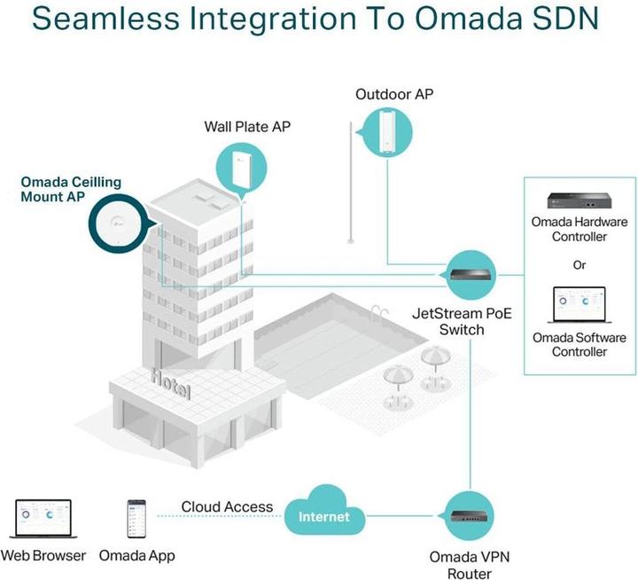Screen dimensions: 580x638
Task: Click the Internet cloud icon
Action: pyautogui.click(x=323, y=513)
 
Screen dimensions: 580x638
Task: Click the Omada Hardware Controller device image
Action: pyautogui.click(x=580, y=200)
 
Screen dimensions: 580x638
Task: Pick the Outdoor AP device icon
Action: pyautogui.click(x=387, y=131)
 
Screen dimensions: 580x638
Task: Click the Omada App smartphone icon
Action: pyautogui.click(x=136, y=520)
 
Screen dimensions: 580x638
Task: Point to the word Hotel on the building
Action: pyautogui.click(x=171, y=383)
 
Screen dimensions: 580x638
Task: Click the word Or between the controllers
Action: pyautogui.click(x=580, y=264)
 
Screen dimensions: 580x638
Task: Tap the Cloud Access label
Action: pyautogui.click(x=227, y=506)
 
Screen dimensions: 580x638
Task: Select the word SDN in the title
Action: pyautogui.click(x=564, y=20)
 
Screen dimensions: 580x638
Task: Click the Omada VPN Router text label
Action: pyautogui.click(x=470, y=565)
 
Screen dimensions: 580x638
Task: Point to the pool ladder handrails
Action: pyautogui.click(x=381, y=312)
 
